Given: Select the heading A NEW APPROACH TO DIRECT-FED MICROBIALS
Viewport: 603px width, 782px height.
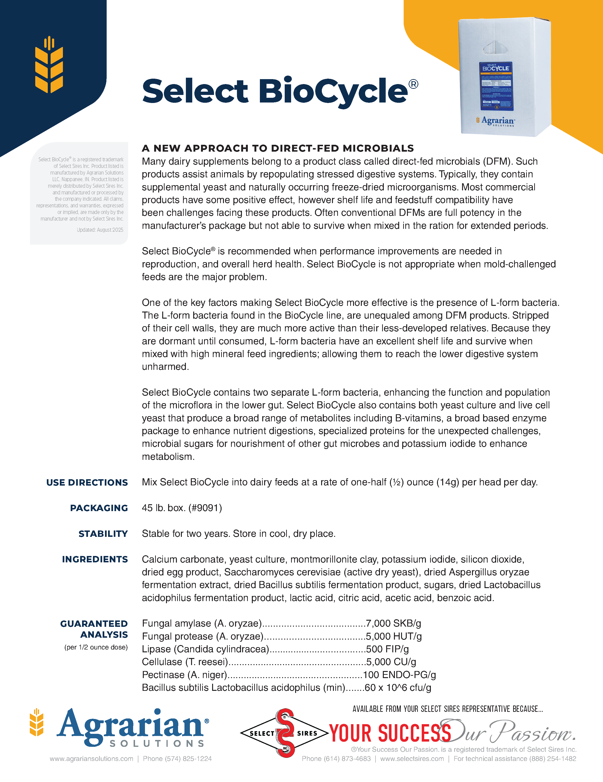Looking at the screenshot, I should point(278,148).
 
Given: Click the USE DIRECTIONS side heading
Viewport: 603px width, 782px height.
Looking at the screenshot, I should point(87,483).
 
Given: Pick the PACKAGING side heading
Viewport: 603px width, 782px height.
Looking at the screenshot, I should point(99,508).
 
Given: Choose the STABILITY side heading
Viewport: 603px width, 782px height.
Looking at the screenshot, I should point(103,534).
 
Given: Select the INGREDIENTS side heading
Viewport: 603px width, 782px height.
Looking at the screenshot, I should point(95,559).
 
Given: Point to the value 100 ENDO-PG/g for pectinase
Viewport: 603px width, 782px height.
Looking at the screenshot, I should point(399,675).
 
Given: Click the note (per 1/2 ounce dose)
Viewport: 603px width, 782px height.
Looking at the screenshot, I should point(96,647).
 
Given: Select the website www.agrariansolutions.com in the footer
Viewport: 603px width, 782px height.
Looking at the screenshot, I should point(92,759).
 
